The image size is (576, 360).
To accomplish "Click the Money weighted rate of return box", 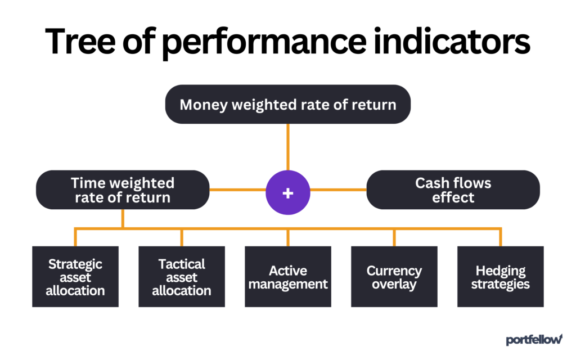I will [x=287, y=105].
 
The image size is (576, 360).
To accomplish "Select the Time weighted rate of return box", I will [x=122, y=190].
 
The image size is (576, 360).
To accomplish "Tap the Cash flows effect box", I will [x=453, y=190].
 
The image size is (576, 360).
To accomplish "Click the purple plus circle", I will [x=287, y=192].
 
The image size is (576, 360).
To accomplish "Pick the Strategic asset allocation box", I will [x=75, y=277].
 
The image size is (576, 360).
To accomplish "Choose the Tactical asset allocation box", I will [x=182, y=277].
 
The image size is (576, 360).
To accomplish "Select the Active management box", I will [x=287, y=277].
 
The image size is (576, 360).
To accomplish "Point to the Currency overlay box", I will [x=394, y=277].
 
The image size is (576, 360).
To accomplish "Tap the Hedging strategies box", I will [x=500, y=277].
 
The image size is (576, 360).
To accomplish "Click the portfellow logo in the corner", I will [x=534, y=339].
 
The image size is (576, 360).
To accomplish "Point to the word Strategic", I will [x=75, y=264].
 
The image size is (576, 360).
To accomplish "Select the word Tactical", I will [x=182, y=264].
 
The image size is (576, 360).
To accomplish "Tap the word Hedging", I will [x=500, y=271].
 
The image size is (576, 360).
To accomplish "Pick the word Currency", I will [x=394, y=271].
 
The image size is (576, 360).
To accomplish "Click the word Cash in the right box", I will [x=430, y=183].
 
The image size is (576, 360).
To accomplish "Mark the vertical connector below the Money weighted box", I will [x=287, y=146].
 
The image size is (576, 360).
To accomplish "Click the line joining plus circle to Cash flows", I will [x=338, y=190].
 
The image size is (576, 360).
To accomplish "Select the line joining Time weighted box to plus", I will [x=237, y=190].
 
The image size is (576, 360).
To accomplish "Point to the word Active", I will [x=287, y=271].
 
